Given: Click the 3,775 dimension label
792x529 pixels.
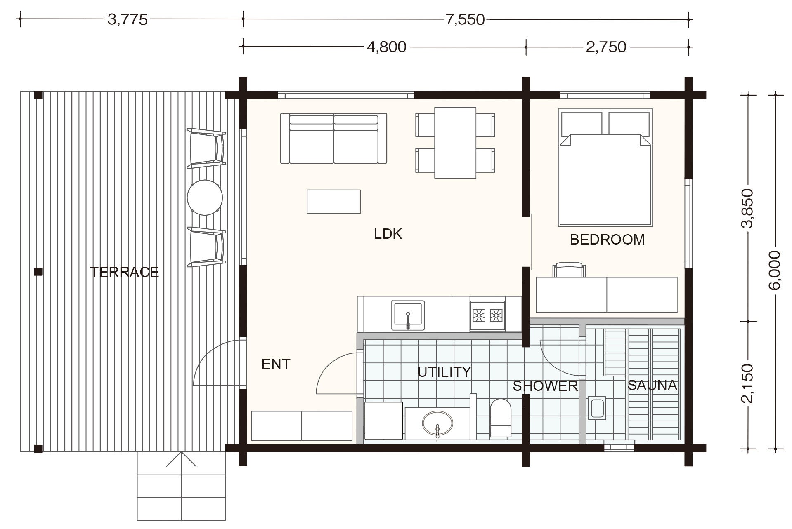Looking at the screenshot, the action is tap(127, 19).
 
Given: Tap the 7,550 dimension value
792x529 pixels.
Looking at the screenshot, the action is tap(465, 19).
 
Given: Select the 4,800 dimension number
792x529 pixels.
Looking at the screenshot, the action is tap(387, 47).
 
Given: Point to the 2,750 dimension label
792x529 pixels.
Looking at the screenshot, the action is tap(606, 47).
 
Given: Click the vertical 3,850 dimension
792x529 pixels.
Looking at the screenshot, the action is tap(747, 208).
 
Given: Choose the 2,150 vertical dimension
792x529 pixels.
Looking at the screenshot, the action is tap(747, 384).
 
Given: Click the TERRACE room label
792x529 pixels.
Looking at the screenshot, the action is tap(124, 272).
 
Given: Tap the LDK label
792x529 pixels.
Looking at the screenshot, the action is tap(388, 234).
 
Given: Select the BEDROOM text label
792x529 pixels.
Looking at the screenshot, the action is tap(607, 240).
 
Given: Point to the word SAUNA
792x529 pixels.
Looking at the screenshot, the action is tap(653, 385).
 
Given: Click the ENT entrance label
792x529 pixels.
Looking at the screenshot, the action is tap(276, 364).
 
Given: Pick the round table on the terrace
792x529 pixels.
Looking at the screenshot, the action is tap(205, 197).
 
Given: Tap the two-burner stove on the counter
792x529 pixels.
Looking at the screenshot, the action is tap(487, 315).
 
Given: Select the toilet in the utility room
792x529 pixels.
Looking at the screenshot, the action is tap(500, 418).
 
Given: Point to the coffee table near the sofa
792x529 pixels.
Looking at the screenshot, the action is tap(333, 202).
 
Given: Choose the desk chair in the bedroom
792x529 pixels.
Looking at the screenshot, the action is tap(569, 270).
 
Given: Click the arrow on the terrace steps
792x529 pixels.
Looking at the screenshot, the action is tap(181, 459).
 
